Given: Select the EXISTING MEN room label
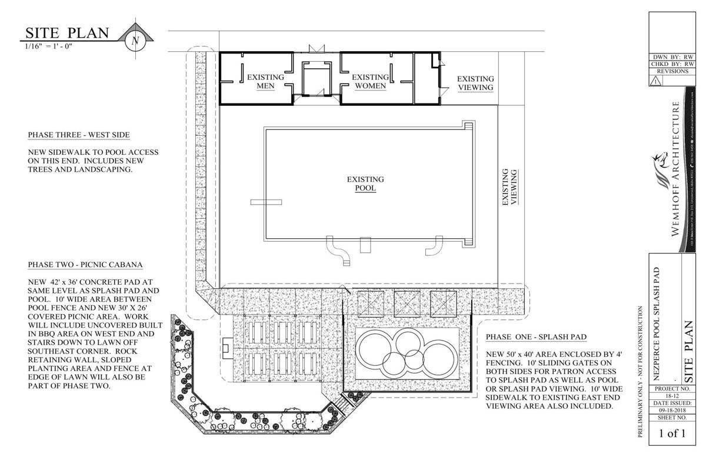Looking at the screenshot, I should (265, 81).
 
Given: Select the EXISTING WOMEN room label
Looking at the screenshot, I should (369, 81).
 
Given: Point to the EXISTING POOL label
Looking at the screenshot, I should (365, 184).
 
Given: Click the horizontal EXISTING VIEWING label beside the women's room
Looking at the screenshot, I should (475, 83).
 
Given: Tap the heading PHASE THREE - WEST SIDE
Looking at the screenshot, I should (78, 135).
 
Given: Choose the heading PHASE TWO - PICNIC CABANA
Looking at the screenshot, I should (86, 265).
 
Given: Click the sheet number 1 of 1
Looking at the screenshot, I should (671, 435).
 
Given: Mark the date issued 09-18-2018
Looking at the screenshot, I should (671, 412).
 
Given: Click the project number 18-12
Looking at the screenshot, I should (671, 397).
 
